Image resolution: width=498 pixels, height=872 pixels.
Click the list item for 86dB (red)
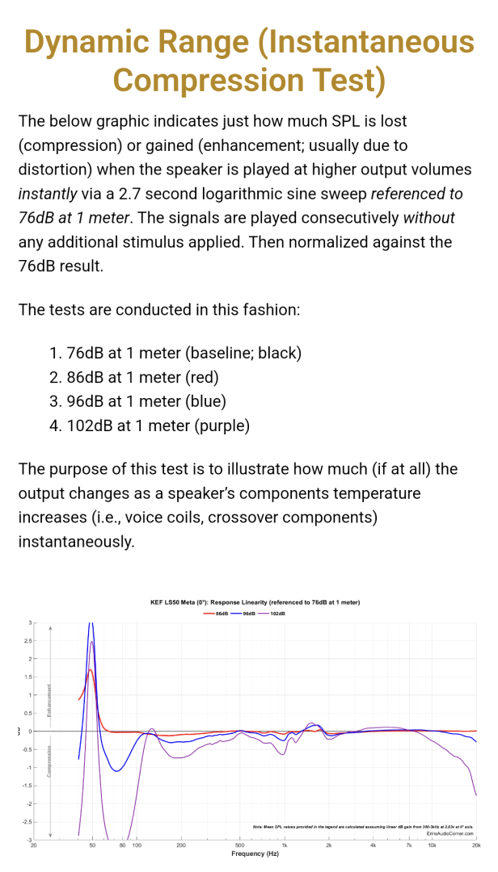(134, 377)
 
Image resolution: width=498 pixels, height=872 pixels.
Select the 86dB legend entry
(217, 614)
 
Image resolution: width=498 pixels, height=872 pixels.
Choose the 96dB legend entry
(244, 614)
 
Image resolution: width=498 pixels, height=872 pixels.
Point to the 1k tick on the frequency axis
(285, 845)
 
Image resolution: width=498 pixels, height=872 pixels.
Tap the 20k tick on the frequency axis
(476, 845)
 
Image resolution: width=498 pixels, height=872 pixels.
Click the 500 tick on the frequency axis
(240, 845)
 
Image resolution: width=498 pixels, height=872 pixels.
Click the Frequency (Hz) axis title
(255, 853)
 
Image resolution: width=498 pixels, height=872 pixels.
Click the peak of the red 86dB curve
(91, 669)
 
